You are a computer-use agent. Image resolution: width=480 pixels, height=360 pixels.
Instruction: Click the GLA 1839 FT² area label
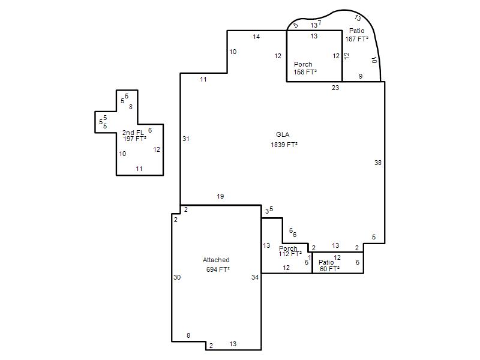click(x=284, y=140)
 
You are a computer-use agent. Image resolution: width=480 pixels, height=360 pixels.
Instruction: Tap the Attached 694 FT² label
click(x=217, y=265)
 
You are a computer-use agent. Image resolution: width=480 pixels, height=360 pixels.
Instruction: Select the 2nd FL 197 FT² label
click(x=134, y=136)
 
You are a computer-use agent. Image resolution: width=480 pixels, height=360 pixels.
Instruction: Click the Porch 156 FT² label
click(x=305, y=68)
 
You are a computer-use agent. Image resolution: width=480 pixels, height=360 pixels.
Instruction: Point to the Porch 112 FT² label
click(x=290, y=251)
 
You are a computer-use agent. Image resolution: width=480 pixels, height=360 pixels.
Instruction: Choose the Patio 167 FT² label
click(x=356, y=35)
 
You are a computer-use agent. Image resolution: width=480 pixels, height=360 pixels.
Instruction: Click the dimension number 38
click(x=378, y=163)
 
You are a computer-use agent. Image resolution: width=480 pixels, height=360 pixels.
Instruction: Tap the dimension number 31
click(x=186, y=139)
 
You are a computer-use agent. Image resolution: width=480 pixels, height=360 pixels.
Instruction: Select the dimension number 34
click(x=255, y=277)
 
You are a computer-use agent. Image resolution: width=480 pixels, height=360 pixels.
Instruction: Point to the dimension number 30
click(x=177, y=277)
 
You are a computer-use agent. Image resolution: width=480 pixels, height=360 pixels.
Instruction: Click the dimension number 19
click(x=220, y=196)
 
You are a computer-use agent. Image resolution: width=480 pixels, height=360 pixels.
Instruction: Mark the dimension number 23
click(x=335, y=88)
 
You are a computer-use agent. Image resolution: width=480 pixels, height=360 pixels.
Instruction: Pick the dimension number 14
click(x=256, y=37)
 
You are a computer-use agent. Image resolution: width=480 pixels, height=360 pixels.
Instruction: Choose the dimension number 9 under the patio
click(x=361, y=76)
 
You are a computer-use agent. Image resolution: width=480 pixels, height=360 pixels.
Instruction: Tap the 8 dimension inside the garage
click(x=188, y=335)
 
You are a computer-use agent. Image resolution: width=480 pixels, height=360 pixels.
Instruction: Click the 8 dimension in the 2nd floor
click(x=131, y=107)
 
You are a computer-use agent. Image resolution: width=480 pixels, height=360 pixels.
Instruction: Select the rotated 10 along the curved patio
click(x=374, y=60)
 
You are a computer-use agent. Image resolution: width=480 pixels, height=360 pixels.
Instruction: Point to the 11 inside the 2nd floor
click(x=139, y=169)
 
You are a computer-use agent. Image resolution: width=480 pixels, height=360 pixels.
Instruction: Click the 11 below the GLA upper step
click(x=203, y=80)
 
